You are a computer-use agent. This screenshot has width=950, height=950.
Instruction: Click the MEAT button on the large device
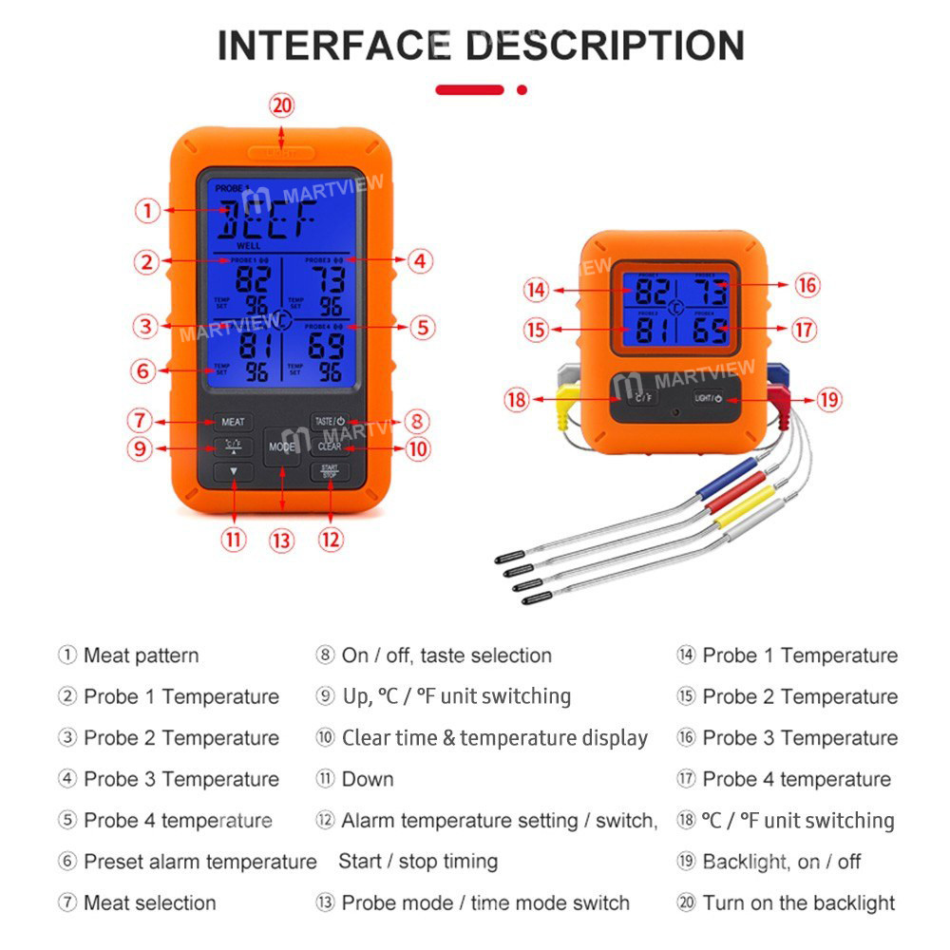[x=233, y=421]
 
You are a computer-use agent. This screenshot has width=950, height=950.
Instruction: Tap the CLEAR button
[x=330, y=446]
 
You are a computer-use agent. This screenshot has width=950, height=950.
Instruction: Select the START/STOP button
[x=330, y=471]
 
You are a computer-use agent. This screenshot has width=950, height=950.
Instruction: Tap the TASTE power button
[x=330, y=420]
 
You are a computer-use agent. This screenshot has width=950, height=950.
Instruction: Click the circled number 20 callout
[x=281, y=104]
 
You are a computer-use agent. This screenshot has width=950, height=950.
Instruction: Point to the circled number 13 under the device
[x=281, y=541]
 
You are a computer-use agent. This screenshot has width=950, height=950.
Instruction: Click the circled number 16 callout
[x=807, y=285]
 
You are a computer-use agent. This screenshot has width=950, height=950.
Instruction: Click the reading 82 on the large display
[x=252, y=279]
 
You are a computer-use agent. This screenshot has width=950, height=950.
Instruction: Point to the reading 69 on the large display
[x=326, y=346]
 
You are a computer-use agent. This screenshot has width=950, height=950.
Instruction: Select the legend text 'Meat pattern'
[x=141, y=655]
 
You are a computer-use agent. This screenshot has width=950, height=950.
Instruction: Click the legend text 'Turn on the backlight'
[x=798, y=902]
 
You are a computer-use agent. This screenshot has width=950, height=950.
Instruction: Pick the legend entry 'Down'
[x=367, y=779]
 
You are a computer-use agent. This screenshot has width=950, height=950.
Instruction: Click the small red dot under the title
[x=522, y=90]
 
